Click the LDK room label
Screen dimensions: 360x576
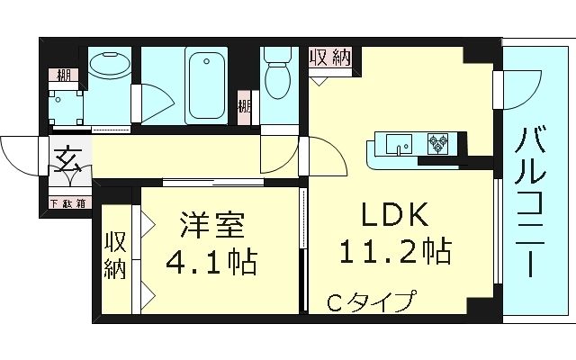pos(395,216)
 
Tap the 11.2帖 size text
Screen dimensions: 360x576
pos(395,249)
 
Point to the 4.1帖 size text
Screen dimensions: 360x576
pos(211,262)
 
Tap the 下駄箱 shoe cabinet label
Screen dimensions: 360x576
pos(67,203)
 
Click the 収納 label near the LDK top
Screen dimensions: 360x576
pos(330,58)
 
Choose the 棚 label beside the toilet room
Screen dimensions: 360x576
pos(244,107)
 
